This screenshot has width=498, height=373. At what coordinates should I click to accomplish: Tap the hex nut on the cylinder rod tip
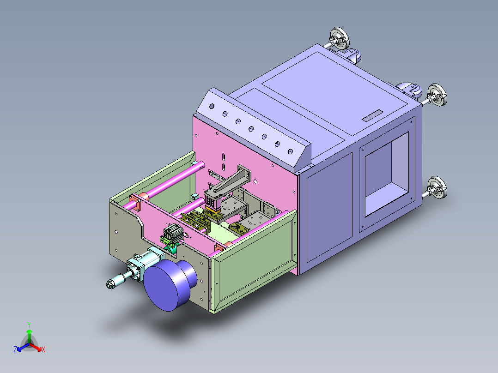point(110,284)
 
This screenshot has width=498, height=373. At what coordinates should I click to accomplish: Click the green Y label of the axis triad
point(29,325)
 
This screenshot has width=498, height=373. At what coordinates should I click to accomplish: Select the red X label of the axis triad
point(43,349)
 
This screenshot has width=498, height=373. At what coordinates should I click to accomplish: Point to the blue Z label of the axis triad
point(15,349)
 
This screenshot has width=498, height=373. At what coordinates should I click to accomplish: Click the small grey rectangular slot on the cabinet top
point(372,115)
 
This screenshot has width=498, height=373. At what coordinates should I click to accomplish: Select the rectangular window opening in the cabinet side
point(387,174)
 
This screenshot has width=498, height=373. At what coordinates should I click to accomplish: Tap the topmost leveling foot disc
point(340,39)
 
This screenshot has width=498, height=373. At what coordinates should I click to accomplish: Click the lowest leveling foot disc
point(437,187)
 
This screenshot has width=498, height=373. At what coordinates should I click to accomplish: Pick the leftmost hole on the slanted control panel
point(212,106)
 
